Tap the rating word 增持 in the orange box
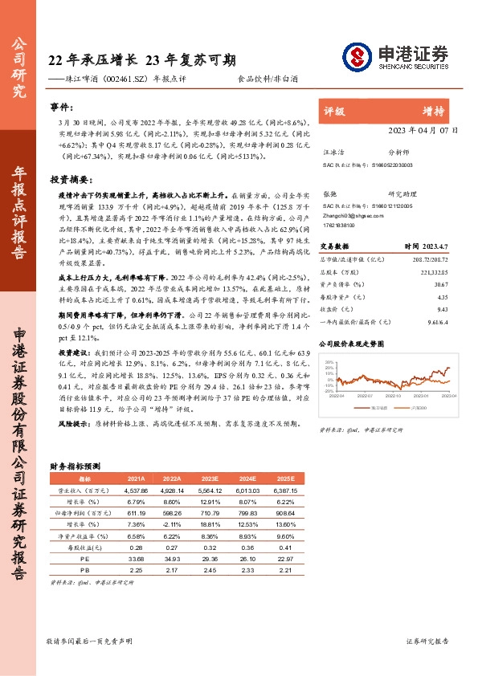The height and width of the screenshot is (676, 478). click(x=435, y=111)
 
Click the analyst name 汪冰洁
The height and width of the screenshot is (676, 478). click(x=333, y=151)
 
